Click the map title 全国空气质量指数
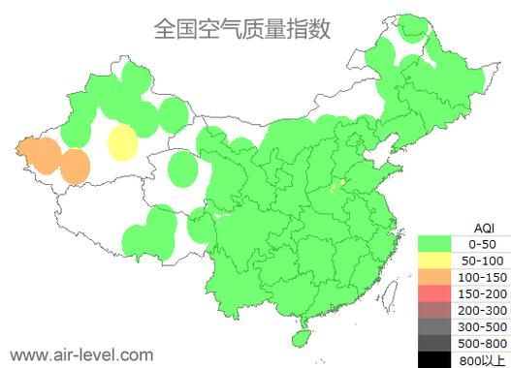pyautogui.click(x=241, y=28)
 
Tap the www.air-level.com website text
pyautogui.click(x=80, y=354)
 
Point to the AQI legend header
pyautogui.click(x=470, y=227)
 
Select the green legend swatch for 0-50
pyautogui.click(x=436, y=243)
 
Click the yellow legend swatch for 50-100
pyautogui.click(x=436, y=261)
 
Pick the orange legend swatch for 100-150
pyautogui.click(x=436, y=277)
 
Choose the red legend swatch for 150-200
pyautogui.click(x=436, y=293)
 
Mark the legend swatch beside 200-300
pyautogui.click(x=436, y=310)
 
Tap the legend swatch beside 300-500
pyautogui.click(x=436, y=326)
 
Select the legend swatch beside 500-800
pyautogui.click(x=436, y=343)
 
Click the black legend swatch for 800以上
pyautogui.click(x=436, y=359)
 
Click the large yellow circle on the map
pyautogui.click(x=122, y=142)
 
